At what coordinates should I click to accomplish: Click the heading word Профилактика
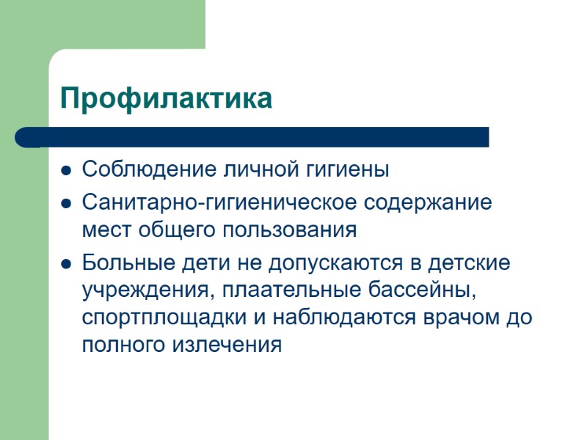(x=166, y=98)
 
